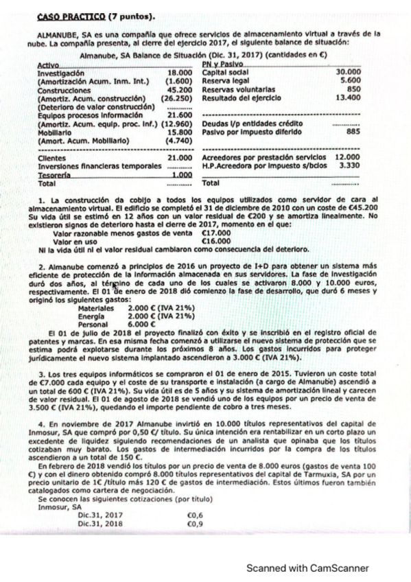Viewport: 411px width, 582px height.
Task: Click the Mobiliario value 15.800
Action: click(179, 132)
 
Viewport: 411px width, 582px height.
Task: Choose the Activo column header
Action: click(47, 64)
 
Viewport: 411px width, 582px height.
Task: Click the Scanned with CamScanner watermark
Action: click(307, 568)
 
